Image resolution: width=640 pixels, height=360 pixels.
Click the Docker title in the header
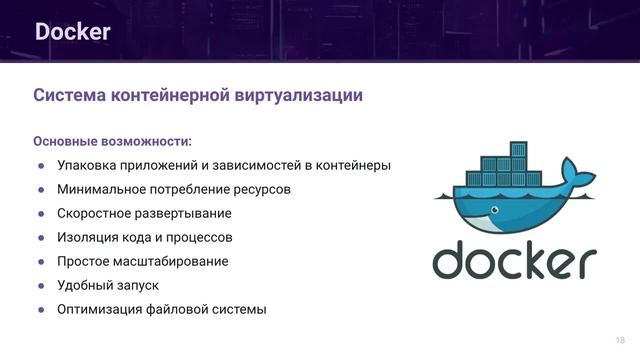pos(72,32)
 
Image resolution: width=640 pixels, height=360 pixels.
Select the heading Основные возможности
pos(112,140)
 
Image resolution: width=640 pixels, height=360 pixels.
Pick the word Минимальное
pos(104,189)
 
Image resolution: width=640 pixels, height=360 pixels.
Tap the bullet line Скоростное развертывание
pos(144,213)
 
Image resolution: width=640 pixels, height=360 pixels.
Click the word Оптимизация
pos(103,309)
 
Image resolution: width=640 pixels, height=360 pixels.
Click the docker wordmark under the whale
pos(514,260)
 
